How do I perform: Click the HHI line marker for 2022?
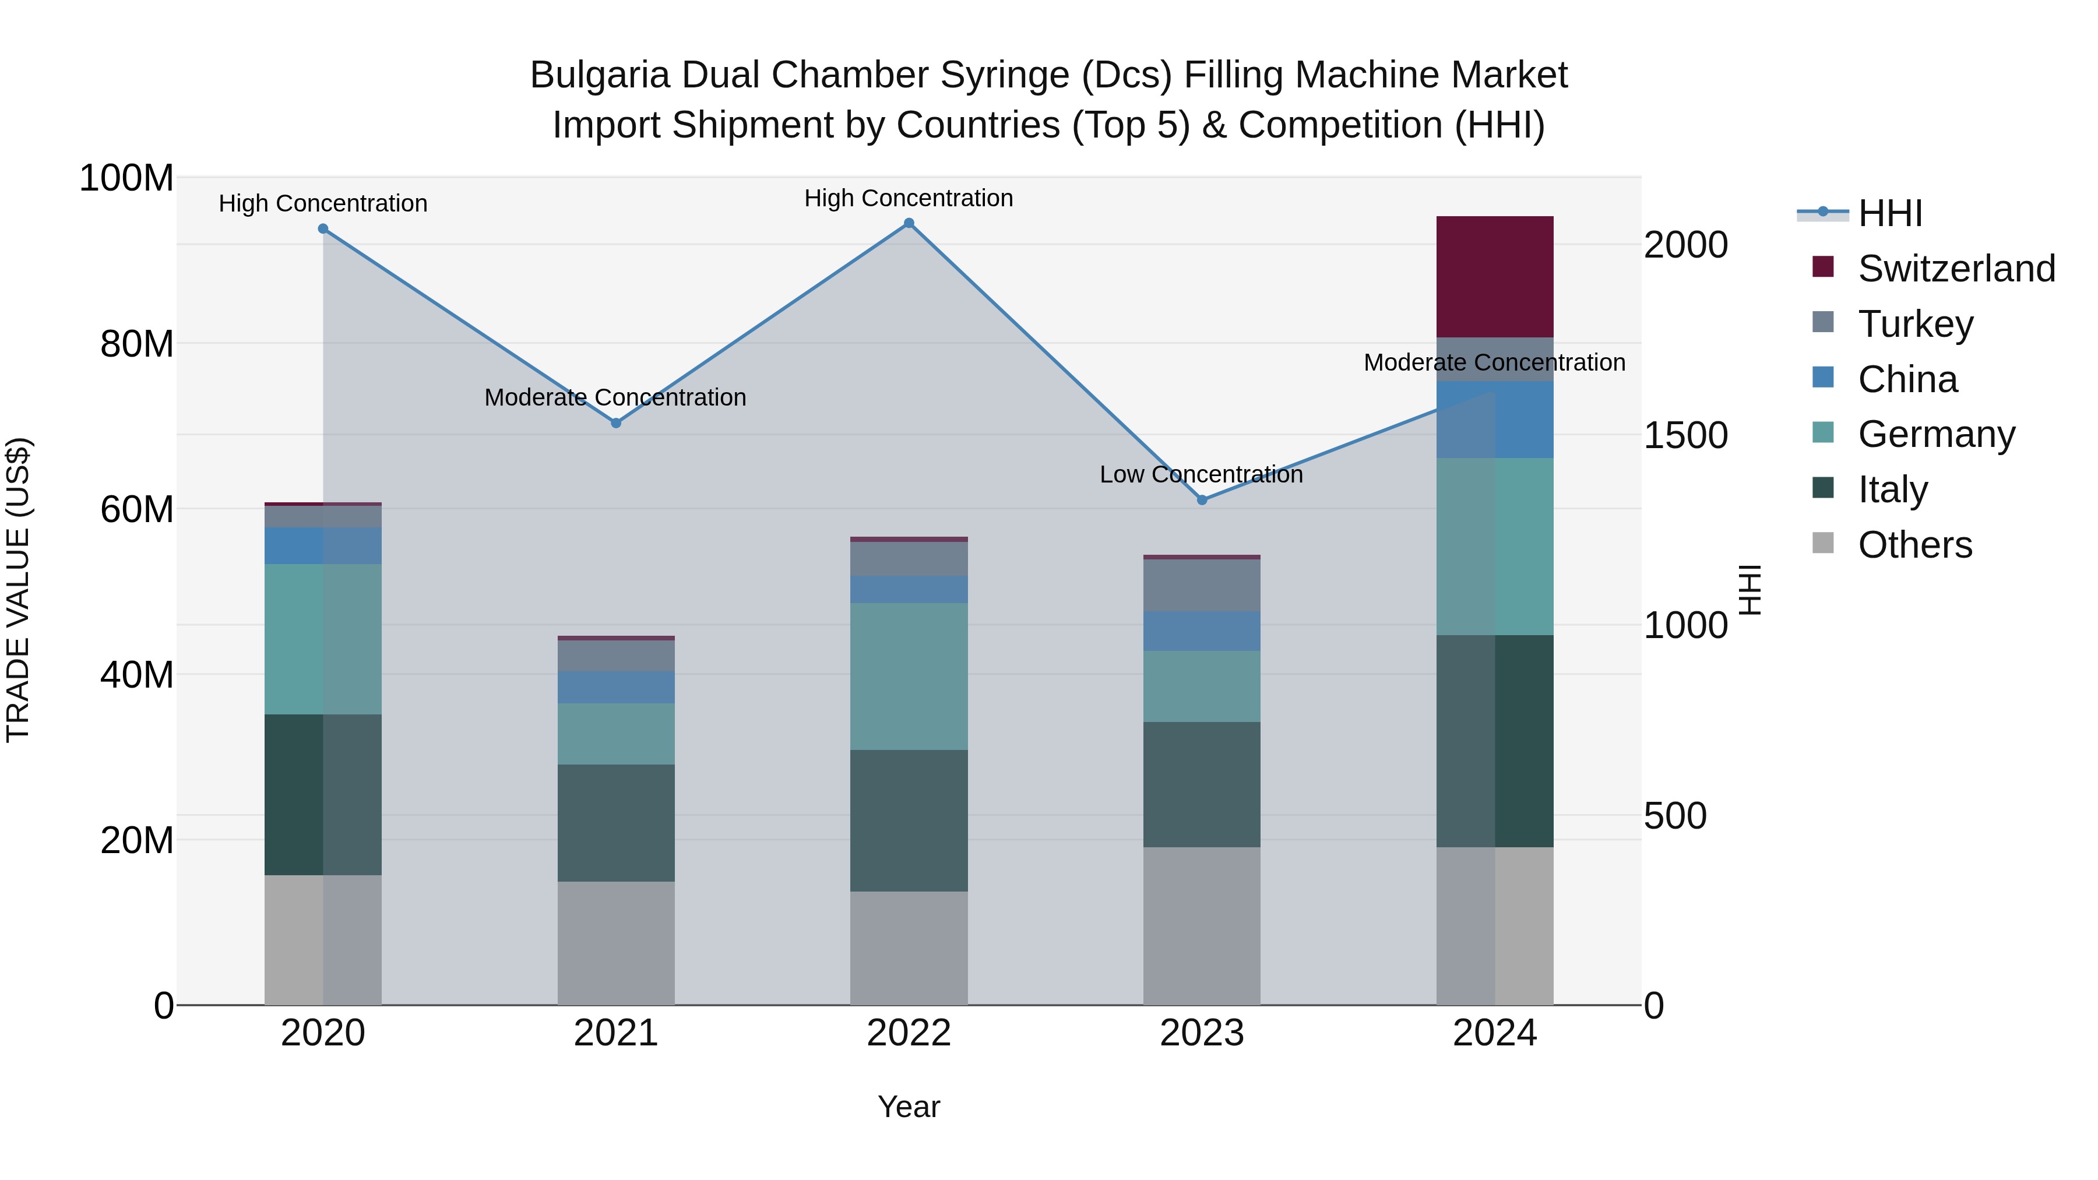tap(909, 223)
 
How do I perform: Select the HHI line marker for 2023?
tap(1202, 500)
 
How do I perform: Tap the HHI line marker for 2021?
tap(616, 422)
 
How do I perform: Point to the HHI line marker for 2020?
tap(323, 229)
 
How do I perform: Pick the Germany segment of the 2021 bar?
tap(616, 734)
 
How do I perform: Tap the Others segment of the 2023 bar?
tap(1202, 926)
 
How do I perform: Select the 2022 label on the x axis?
tap(909, 1033)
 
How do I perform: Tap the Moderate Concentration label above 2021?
tap(616, 397)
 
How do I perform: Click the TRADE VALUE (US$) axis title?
tap(18, 590)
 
